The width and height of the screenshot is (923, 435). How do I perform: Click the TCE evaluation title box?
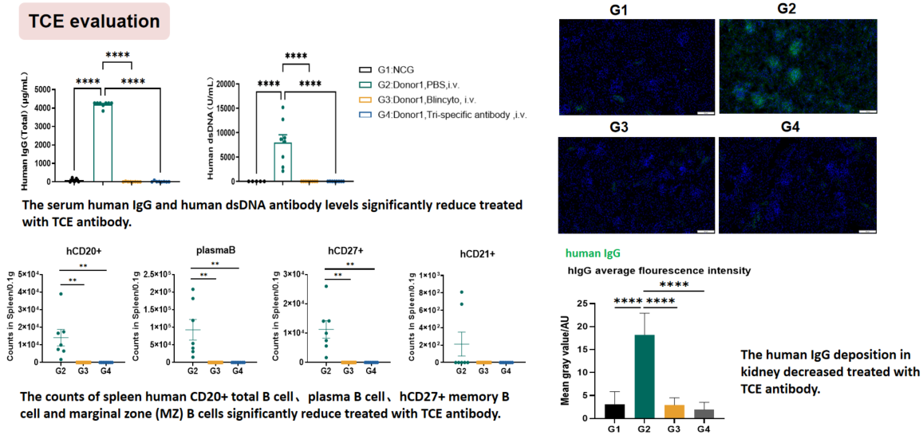coord(95,22)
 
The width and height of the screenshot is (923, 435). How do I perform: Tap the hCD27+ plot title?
coord(345,249)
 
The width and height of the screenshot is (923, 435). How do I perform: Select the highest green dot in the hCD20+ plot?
coord(61,294)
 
